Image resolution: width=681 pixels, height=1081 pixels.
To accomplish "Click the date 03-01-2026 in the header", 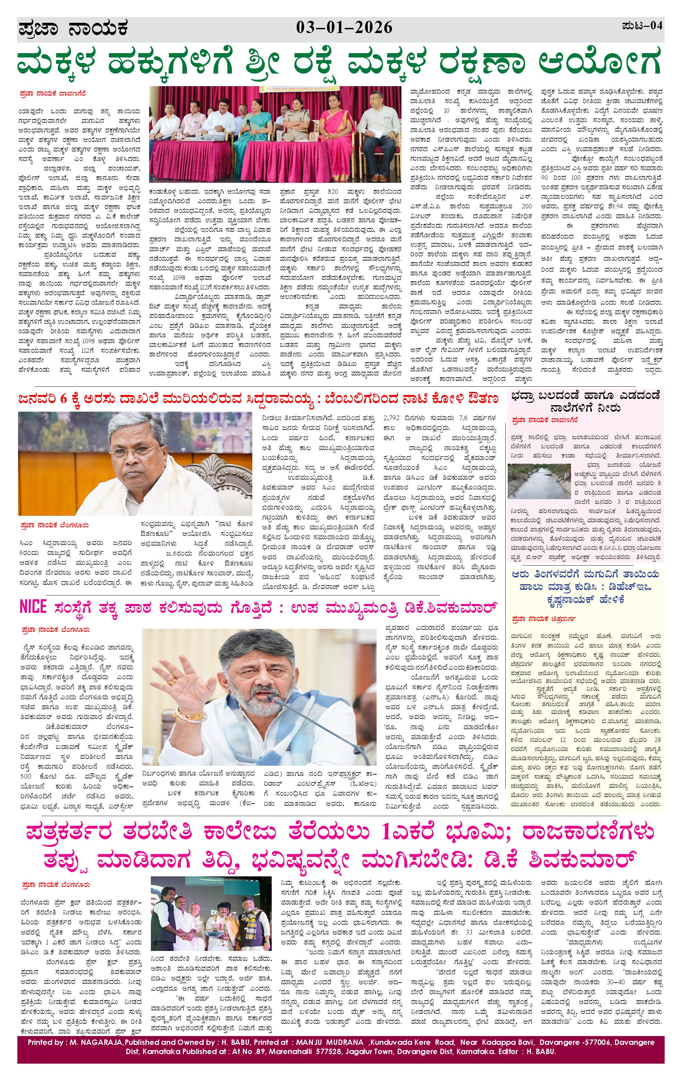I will pos(344,28).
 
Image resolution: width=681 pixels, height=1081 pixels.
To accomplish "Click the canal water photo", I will pos(539,481).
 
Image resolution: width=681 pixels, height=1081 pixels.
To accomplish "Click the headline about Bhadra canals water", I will pos(585,401).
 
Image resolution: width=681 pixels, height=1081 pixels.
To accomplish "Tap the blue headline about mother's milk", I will pos(585,586).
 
